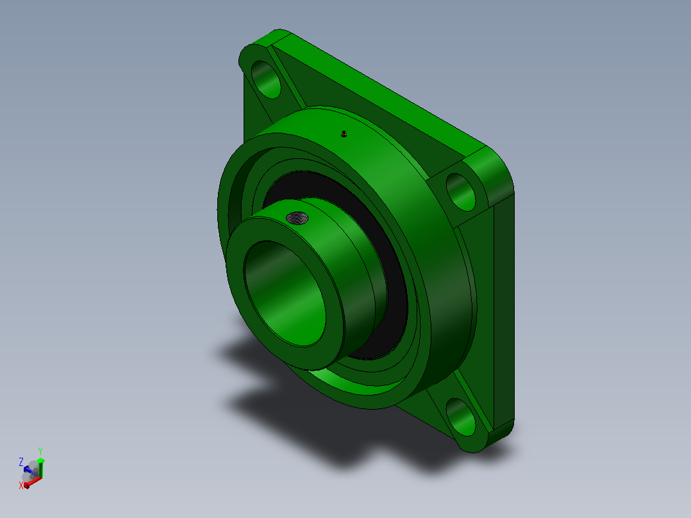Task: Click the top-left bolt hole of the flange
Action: [266, 79]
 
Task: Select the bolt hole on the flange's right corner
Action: [460, 192]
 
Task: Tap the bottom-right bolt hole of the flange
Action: [460, 417]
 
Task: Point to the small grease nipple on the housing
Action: [344, 133]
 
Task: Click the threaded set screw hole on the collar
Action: [297, 218]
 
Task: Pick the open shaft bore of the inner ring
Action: [285, 293]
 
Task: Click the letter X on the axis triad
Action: [21, 485]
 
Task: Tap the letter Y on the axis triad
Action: [40, 451]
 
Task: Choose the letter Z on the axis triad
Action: [21, 462]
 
